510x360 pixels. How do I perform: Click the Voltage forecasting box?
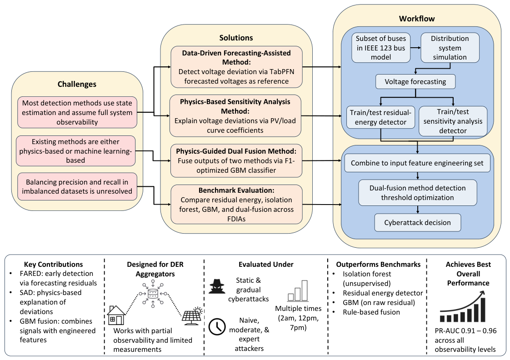coord(415,82)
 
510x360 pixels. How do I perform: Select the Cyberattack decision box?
coord(418,222)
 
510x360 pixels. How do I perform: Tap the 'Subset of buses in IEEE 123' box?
coord(381,48)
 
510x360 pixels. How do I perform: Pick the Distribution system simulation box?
coord(450,48)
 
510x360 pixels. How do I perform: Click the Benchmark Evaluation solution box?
coord(236,205)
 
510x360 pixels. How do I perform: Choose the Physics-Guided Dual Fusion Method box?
coord(236,160)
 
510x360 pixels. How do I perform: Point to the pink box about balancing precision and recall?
coord(77,187)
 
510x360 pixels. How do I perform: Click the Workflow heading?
coord(417,19)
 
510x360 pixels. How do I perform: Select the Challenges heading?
coord(77,84)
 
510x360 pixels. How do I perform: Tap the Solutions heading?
coord(236,38)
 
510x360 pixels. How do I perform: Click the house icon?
coord(116,315)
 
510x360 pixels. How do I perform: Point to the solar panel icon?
coord(192,315)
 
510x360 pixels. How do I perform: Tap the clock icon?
coord(217,327)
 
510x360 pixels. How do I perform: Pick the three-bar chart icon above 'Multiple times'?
coord(298,291)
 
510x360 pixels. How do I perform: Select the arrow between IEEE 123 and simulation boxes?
coord(415,48)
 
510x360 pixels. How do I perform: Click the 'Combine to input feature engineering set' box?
coord(417,163)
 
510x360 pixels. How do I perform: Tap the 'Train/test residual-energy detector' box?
coord(380,117)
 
